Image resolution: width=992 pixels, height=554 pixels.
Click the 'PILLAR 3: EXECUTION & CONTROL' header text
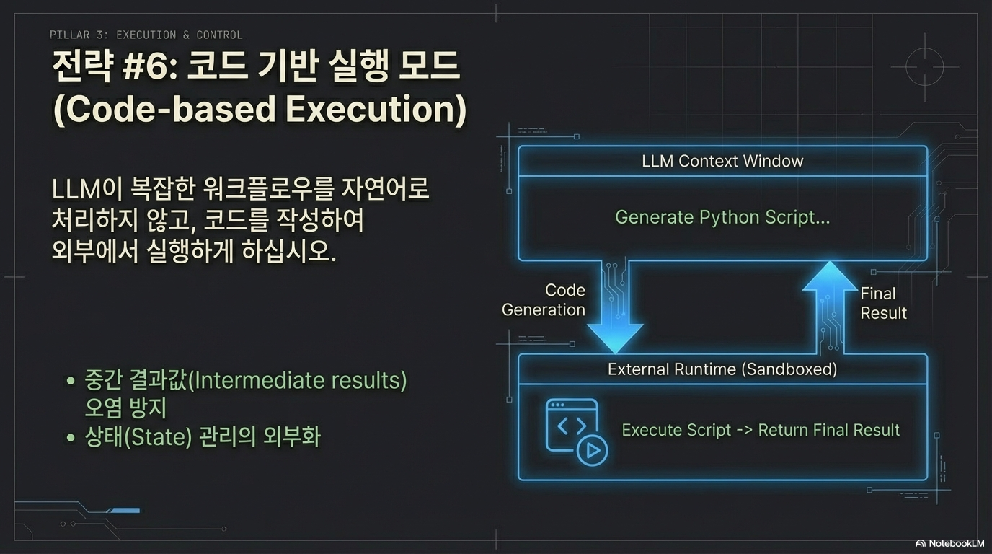(x=146, y=35)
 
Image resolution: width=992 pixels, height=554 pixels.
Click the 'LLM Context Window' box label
(x=722, y=161)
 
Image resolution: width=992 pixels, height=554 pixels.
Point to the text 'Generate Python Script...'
(x=722, y=217)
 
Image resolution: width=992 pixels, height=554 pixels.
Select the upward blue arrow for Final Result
(x=830, y=303)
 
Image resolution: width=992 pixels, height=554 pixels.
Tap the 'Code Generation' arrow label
(x=544, y=300)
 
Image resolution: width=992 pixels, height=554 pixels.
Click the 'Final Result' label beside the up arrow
(x=882, y=303)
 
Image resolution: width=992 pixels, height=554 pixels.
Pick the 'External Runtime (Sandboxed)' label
(x=722, y=369)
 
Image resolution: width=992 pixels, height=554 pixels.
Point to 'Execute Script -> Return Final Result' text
(x=761, y=430)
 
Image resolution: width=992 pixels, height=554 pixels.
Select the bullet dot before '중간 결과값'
(x=70, y=381)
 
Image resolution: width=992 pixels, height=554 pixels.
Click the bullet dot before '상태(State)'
(x=70, y=437)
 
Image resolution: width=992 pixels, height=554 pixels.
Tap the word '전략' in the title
(x=81, y=69)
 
